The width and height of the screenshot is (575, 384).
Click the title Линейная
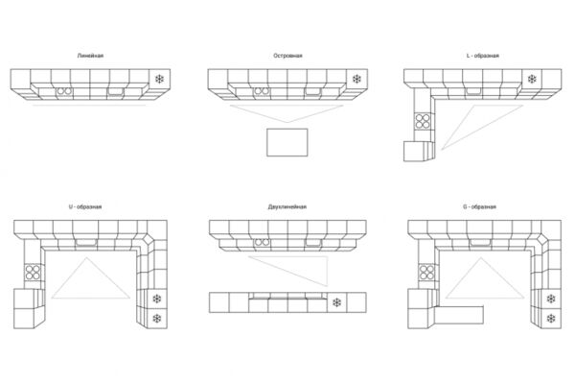click(x=90, y=56)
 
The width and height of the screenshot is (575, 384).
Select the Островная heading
click(x=287, y=56)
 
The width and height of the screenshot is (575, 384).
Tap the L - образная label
click(x=483, y=56)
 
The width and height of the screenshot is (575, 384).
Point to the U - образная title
click(x=85, y=207)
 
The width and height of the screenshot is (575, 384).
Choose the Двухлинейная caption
click(x=287, y=207)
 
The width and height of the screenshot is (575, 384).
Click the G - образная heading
click(x=480, y=207)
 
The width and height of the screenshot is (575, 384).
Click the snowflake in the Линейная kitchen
click(x=159, y=79)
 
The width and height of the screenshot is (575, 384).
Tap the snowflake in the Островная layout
click(x=356, y=79)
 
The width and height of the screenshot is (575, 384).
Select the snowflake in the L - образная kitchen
click(x=532, y=79)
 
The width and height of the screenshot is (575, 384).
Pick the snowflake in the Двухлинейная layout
click(x=336, y=302)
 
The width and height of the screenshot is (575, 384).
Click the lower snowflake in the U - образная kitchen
click(x=157, y=318)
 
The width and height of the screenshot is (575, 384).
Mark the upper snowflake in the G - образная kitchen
click(x=551, y=299)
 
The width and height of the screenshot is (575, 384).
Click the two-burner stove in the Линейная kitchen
click(x=64, y=91)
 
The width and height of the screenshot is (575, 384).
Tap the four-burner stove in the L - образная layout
click(x=423, y=121)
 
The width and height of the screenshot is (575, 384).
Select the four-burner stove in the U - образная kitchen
click(x=33, y=273)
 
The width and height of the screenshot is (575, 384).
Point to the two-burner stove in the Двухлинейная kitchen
click(x=263, y=243)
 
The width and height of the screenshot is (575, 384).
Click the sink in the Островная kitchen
click(x=312, y=91)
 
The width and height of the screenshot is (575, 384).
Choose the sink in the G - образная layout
click(x=480, y=243)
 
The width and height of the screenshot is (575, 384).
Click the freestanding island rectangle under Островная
click(x=287, y=142)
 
